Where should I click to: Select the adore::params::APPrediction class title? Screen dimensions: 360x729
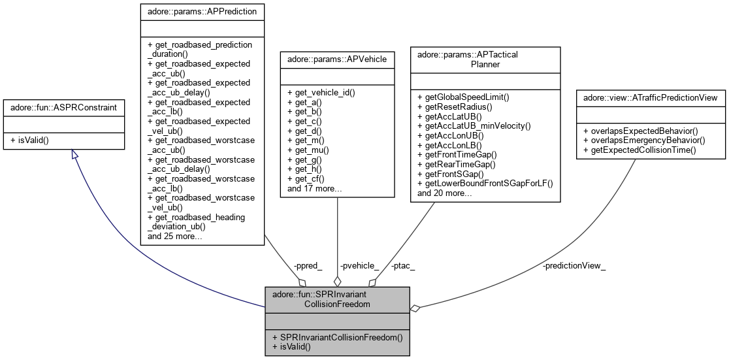(x=202, y=11)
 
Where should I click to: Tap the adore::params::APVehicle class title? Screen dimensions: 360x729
(x=336, y=59)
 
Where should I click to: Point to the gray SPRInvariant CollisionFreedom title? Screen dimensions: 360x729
(x=337, y=299)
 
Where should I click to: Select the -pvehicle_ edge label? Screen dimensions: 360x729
(x=359, y=266)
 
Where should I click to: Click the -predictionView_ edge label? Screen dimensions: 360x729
(x=574, y=266)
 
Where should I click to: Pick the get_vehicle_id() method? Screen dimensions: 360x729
(x=321, y=93)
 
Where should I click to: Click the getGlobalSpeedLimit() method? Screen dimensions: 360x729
(x=462, y=97)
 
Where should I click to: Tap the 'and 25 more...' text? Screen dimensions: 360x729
(x=174, y=236)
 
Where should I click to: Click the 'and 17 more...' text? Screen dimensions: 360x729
(x=314, y=188)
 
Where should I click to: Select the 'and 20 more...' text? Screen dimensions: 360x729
(x=444, y=193)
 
